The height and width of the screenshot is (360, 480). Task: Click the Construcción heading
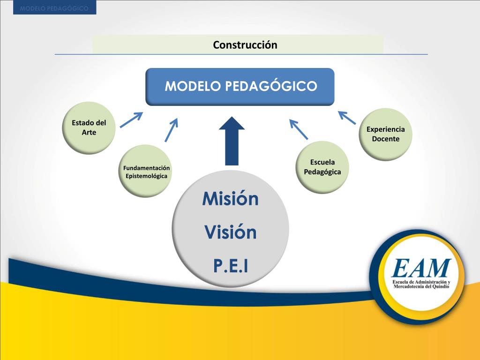245,45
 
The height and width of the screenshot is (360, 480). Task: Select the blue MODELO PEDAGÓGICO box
240,87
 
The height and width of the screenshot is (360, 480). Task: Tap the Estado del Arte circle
89,127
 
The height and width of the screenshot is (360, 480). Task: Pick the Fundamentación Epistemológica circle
146,172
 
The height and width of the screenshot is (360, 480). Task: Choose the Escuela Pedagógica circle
322,167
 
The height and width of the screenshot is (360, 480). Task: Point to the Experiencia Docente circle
386,134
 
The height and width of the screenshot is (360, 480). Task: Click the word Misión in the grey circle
230,199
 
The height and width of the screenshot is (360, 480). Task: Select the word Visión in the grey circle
231,232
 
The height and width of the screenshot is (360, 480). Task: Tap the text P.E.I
231,266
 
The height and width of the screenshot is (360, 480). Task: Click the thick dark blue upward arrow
232,141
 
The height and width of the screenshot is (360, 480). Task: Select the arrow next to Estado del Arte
131,120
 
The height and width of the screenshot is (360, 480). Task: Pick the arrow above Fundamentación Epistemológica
172,130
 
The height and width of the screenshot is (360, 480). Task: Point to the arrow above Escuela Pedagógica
299,129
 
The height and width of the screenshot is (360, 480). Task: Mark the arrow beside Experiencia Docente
347,118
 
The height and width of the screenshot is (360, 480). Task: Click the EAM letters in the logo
421,269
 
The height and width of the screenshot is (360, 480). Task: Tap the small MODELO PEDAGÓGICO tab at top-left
54,7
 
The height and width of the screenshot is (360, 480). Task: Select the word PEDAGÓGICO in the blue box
272,87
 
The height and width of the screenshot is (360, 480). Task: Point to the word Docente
386,139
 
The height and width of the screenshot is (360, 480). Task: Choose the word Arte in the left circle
89,133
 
